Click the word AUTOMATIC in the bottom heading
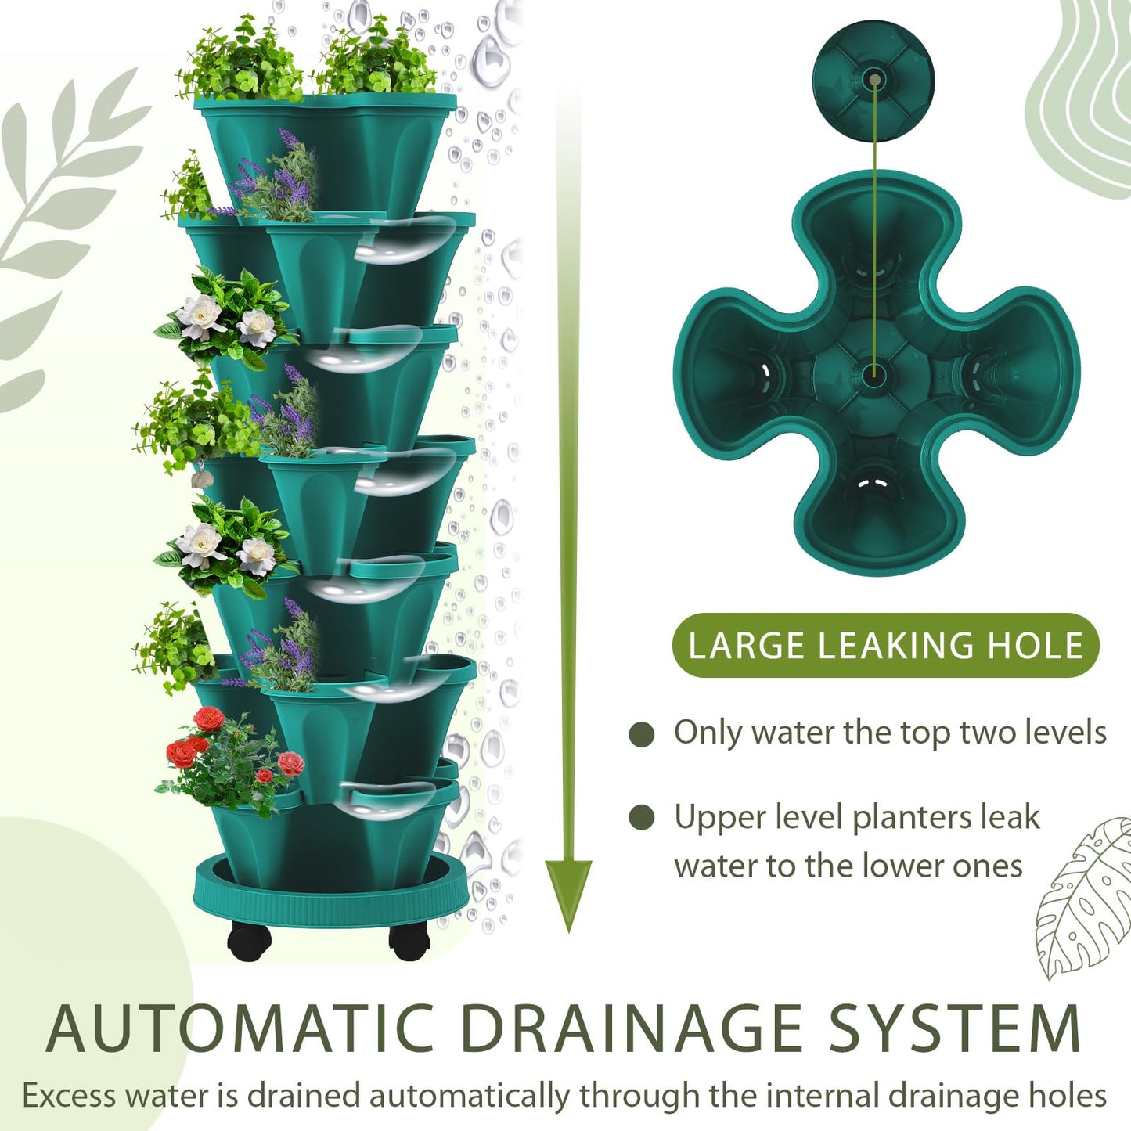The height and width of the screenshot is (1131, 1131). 240,1028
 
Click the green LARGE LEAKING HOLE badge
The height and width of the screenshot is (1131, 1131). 885,646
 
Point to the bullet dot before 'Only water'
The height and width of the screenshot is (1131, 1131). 642,735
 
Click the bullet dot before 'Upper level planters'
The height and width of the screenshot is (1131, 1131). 642,818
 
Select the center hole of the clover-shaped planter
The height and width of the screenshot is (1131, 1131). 873,373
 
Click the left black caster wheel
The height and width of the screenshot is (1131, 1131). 250,942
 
